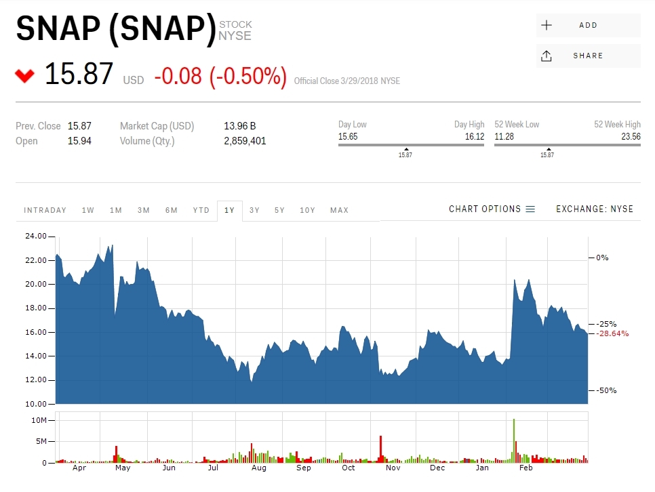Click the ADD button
(588, 25)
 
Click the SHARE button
(588, 56)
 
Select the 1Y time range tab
(229, 210)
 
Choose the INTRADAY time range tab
(45, 210)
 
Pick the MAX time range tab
(339, 210)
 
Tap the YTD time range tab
(201, 210)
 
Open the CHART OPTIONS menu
(492, 209)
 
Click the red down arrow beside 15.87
(24, 75)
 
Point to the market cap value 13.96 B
(239, 126)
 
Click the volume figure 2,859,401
(245, 141)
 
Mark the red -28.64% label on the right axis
(612, 333)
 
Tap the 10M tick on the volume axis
(39, 420)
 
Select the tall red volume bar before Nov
(381, 449)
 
